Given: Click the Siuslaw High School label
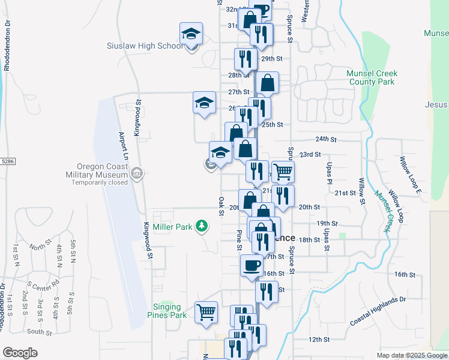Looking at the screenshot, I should (145, 46).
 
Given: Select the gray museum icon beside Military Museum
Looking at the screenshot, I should (137, 174).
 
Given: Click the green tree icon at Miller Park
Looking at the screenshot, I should (203, 226).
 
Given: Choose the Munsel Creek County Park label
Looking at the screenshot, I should (372, 77).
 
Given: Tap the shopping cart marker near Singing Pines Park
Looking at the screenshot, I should (206, 312).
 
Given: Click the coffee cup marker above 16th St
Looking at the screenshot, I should (252, 265).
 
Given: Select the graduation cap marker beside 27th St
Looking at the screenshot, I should (204, 103).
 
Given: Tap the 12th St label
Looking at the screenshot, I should (319, 340).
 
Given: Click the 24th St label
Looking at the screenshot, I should (326, 139).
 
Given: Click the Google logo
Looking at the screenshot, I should (20, 353).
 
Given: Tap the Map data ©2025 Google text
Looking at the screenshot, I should (411, 355).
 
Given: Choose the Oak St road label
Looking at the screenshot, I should (221, 205).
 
